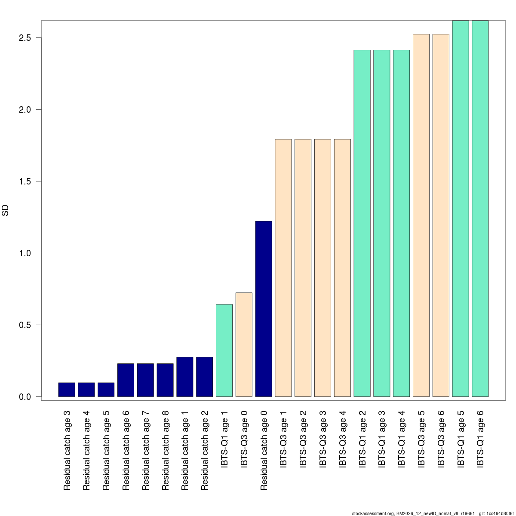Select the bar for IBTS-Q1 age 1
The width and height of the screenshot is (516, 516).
(224, 350)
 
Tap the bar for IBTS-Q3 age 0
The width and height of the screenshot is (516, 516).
(244, 344)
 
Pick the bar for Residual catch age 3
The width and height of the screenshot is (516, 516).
(67, 390)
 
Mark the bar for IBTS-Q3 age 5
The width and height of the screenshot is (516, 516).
(421, 215)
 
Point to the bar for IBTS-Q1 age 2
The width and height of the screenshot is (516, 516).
(362, 223)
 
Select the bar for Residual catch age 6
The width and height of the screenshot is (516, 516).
(126, 380)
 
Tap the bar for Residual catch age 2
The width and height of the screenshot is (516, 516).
(205, 377)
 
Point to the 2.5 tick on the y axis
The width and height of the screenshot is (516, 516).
(39, 38)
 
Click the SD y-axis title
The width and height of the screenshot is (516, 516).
(6, 210)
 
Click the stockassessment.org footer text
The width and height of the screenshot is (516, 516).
(433, 513)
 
